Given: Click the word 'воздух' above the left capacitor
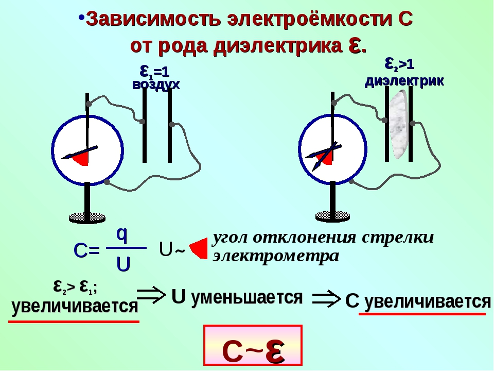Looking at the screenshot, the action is pyautogui.click(x=156, y=85).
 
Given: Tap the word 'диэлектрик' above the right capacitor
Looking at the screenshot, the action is pyautogui.click(x=404, y=81).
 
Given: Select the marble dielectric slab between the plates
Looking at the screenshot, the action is pyautogui.click(x=398, y=124).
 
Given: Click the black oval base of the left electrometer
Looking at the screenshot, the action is pyautogui.click(x=87, y=217).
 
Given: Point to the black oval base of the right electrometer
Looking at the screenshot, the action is pyautogui.click(x=333, y=216).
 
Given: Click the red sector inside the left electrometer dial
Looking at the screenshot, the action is pyautogui.click(x=81, y=158).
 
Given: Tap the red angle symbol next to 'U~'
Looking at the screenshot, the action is pyautogui.click(x=199, y=248).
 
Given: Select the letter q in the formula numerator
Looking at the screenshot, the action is pyautogui.click(x=122, y=235).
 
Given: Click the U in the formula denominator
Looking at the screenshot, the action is pyautogui.click(x=123, y=264).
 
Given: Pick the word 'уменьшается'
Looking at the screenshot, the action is pyautogui.click(x=247, y=297).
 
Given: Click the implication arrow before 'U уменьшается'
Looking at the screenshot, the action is pyautogui.click(x=151, y=295).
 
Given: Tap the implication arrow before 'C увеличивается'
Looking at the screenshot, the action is pyautogui.click(x=326, y=298).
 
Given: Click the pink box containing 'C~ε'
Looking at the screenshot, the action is pyautogui.click(x=253, y=345).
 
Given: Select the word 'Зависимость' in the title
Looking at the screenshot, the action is pyautogui.click(x=153, y=19).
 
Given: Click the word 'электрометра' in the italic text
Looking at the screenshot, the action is pyautogui.click(x=276, y=256).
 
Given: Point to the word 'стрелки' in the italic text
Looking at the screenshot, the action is pyautogui.click(x=398, y=238).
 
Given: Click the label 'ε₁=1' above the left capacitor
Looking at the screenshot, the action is pyautogui.click(x=155, y=72).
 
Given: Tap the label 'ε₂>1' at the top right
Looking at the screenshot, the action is pyautogui.click(x=399, y=64).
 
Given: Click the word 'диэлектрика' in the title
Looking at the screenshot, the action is pyautogui.click(x=278, y=46).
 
